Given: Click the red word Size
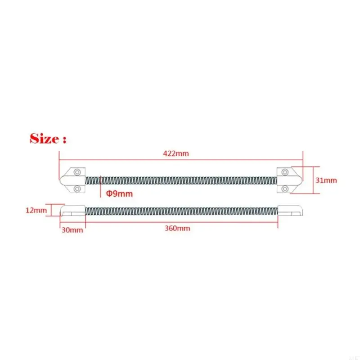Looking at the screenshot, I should click(x=44, y=138).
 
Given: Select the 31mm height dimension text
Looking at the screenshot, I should click(x=326, y=180).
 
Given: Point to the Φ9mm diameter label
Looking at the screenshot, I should click(x=119, y=193).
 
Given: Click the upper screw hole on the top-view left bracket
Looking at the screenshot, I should click(x=78, y=172).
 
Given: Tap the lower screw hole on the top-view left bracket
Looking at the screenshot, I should click(x=78, y=188).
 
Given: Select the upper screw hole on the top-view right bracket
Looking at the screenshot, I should click(x=285, y=172).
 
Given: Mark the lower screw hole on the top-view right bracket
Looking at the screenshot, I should click(x=285, y=188).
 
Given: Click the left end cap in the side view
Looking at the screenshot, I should click(x=72, y=211).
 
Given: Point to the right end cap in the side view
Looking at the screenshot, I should click(x=291, y=211).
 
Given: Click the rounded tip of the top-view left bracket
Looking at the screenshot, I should click(x=63, y=180).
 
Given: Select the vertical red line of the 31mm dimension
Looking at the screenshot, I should click(x=309, y=180).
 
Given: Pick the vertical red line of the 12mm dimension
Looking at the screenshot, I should click(x=52, y=210).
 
